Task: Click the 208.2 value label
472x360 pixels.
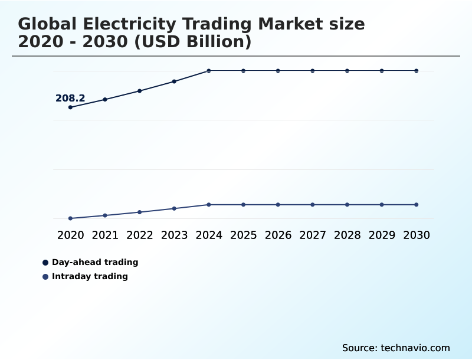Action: point(70,99)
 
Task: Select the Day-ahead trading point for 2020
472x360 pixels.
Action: point(70,107)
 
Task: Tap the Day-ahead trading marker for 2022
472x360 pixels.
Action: point(140,91)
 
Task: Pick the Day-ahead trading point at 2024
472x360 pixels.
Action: point(209,71)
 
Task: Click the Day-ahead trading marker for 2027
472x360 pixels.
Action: point(313,71)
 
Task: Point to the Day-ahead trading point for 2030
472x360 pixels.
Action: point(417,71)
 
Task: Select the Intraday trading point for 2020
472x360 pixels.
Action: point(70,218)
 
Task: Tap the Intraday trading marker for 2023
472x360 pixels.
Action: point(174,208)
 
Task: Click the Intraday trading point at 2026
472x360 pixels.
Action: point(278,205)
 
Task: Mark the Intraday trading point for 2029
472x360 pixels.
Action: point(382,205)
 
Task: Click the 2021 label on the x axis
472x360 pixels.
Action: point(105,235)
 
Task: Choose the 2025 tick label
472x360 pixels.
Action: point(243,235)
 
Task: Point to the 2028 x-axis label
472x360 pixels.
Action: point(347,235)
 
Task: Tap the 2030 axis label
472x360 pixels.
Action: point(417,235)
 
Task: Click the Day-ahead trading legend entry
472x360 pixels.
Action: point(94,262)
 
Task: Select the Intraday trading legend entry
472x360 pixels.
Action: point(90,276)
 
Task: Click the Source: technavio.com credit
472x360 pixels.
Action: point(396,348)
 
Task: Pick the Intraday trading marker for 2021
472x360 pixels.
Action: point(105,215)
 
